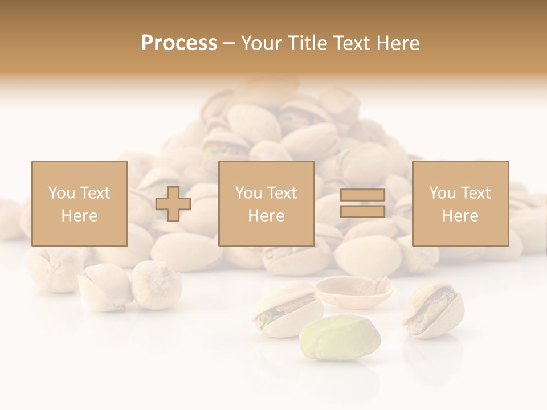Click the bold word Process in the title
(x=179, y=43)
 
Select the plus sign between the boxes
(x=173, y=203)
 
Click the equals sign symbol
(x=362, y=203)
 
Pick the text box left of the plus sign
(x=79, y=203)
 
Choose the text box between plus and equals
(x=266, y=203)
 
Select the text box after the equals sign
(x=460, y=203)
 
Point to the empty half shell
(x=354, y=290)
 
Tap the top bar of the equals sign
(x=362, y=195)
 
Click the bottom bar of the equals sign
(x=362, y=211)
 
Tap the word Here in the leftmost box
(x=79, y=215)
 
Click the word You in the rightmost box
(x=442, y=193)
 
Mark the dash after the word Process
(x=229, y=43)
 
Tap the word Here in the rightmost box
(x=460, y=215)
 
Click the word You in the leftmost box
(x=61, y=193)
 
